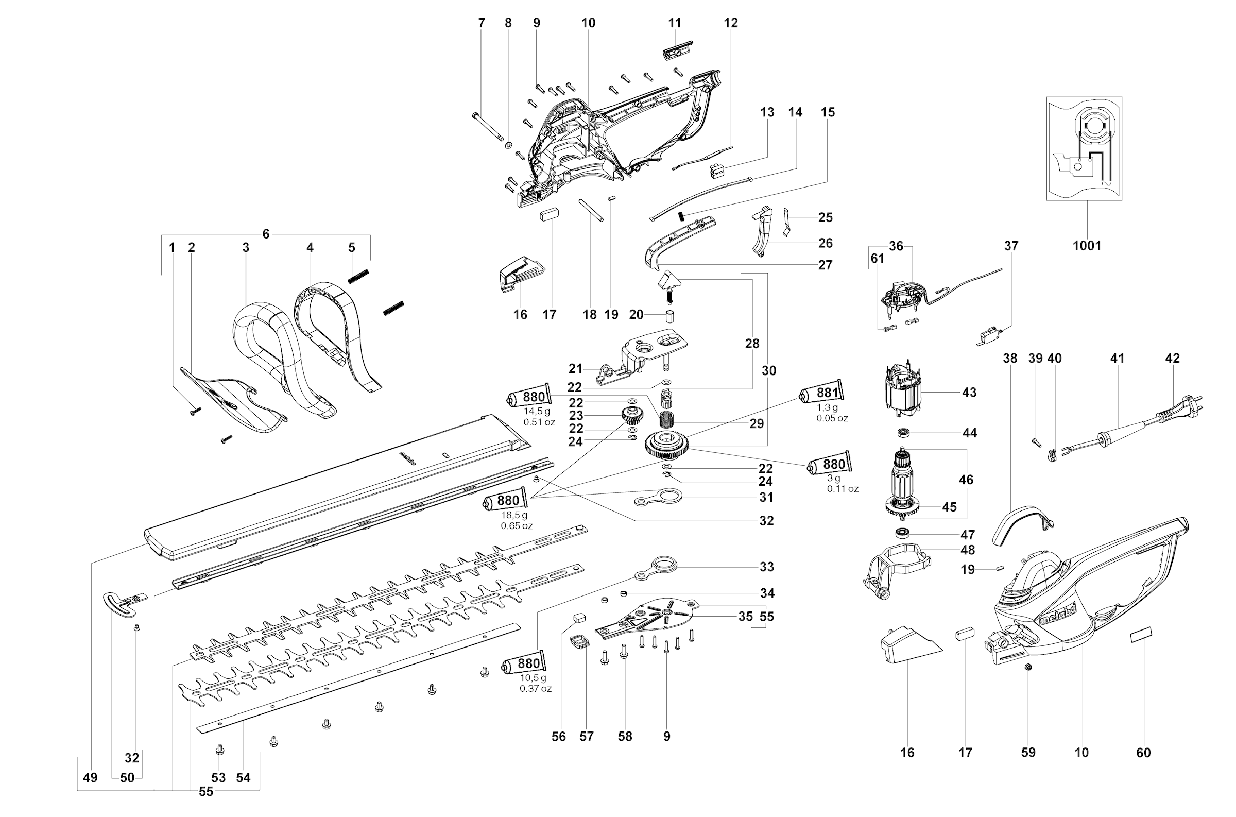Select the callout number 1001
point(1087,245)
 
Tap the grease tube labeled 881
point(822,392)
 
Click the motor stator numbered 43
point(902,391)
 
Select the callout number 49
point(90,778)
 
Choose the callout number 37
point(1010,245)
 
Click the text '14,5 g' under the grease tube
point(537,411)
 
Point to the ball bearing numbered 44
point(903,433)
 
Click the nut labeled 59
point(1027,668)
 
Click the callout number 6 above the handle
point(266,234)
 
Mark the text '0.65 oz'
point(517,526)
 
